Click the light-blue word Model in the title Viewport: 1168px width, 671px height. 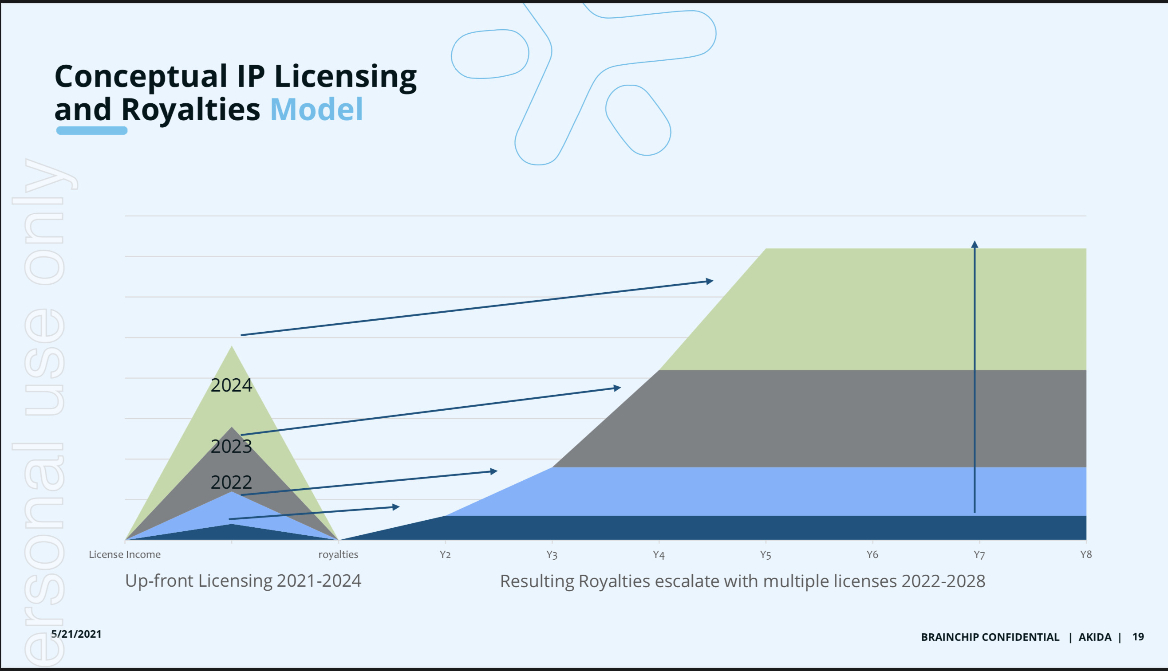316,110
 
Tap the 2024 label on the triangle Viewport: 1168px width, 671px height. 232,385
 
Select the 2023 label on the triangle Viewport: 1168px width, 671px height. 232,446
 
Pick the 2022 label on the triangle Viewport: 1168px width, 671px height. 232,482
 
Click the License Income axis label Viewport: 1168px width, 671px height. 125,554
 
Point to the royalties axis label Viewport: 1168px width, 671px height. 338,554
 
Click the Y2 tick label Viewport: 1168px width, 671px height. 445,554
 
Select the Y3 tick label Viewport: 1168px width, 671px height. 552,555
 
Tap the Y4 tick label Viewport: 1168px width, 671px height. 659,555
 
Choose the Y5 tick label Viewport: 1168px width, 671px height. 766,555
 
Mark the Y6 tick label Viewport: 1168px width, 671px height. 872,554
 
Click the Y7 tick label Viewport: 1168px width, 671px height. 979,555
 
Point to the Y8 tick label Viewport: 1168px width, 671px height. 1086,554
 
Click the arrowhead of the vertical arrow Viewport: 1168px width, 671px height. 975,244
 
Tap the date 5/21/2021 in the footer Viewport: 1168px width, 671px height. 76,634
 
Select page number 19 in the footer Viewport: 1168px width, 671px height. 1138,637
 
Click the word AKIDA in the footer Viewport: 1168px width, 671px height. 1095,637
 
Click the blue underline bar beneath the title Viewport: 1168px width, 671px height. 92,131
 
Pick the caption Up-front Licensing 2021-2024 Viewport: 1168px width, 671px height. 243,581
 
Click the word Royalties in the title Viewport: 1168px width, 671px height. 190,110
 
